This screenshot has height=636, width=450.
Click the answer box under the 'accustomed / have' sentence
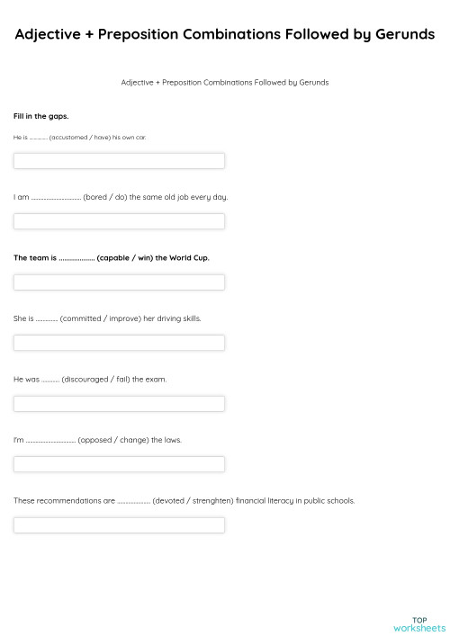point(119,161)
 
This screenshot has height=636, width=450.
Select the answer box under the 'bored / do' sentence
point(119,221)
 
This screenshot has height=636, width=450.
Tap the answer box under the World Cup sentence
point(119,282)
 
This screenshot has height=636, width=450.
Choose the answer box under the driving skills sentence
point(119,343)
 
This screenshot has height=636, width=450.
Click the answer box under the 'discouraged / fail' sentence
point(119,404)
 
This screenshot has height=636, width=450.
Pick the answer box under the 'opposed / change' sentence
point(119,464)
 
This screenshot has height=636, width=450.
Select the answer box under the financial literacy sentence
point(119,525)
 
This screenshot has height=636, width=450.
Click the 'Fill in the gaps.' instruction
point(41,116)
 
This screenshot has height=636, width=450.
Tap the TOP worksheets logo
point(418,623)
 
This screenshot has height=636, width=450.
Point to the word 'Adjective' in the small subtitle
point(137,82)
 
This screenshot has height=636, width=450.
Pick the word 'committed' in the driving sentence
point(80,318)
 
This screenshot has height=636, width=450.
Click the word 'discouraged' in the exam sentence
point(86,380)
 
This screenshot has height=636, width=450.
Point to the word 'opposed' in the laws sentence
point(95,440)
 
